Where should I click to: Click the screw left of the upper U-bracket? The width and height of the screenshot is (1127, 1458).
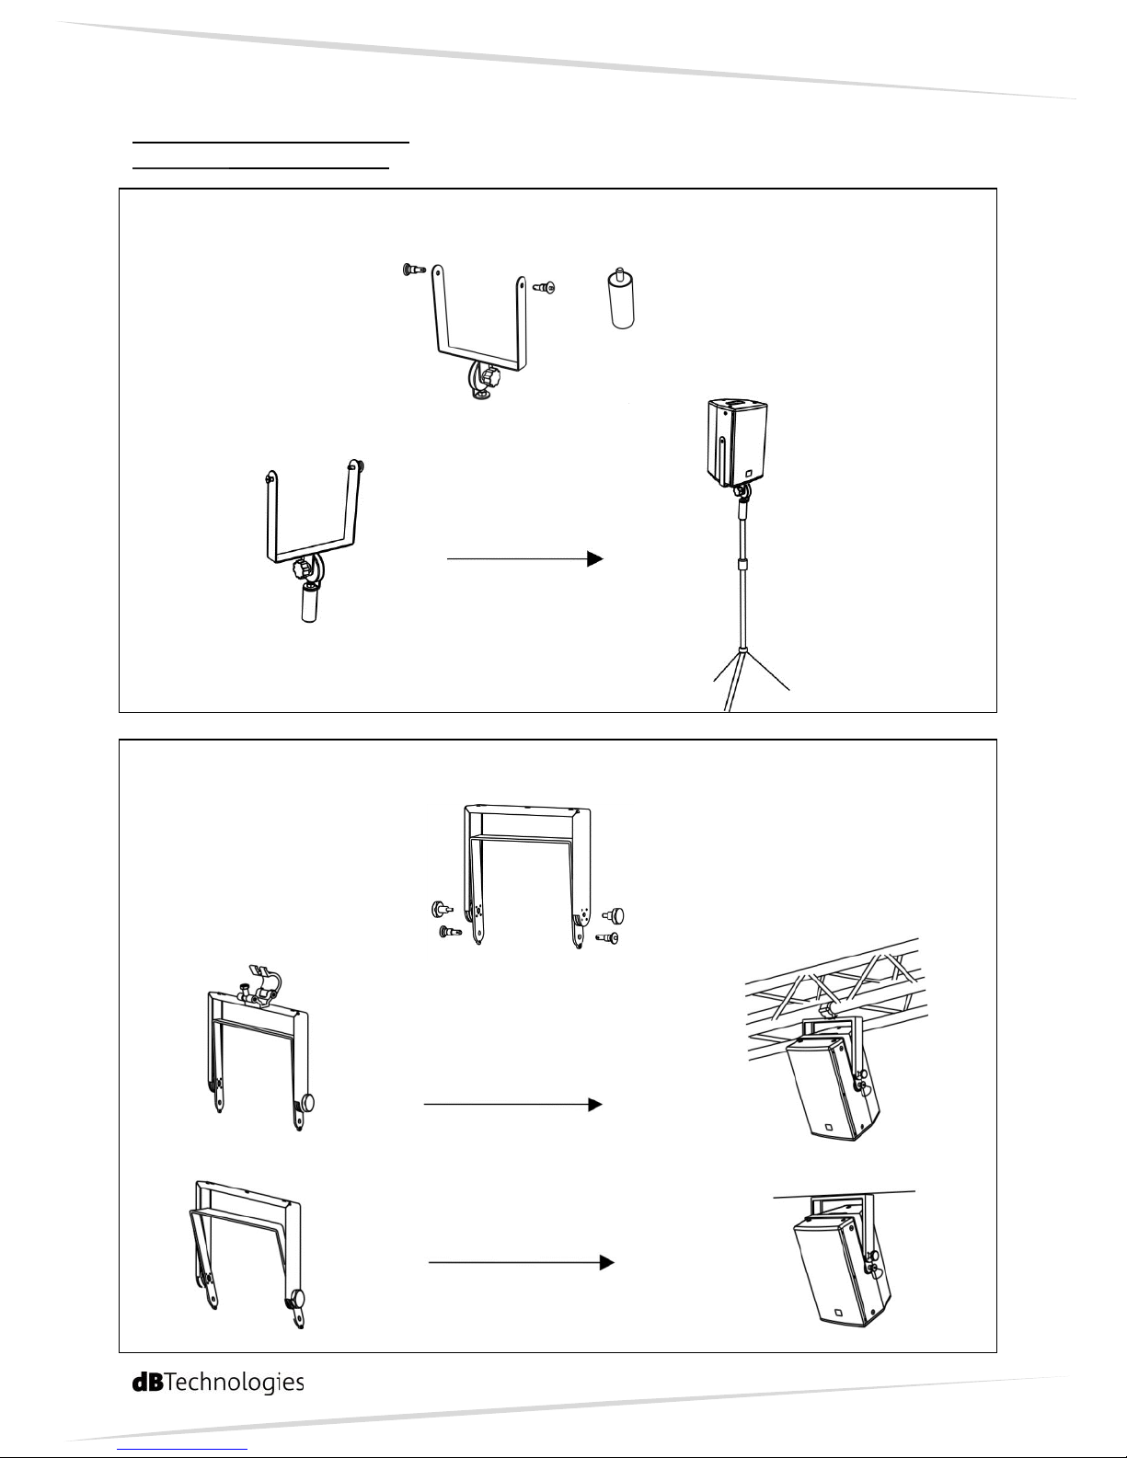(x=413, y=270)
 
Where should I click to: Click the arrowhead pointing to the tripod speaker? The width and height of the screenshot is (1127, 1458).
(x=595, y=558)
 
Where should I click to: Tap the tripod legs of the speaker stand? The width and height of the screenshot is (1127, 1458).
(x=750, y=681)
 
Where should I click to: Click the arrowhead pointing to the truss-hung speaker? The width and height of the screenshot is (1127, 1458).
(x=595, y=1104)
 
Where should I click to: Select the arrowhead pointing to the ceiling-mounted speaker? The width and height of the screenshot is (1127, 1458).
(x=605, y=1264)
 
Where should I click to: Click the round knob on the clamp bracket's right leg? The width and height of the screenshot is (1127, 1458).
(x=305, y=1103)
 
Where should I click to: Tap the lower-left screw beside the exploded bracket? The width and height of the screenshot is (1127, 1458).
(x=448, y=932)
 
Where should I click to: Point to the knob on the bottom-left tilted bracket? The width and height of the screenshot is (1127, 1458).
(x=296, y=1299)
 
